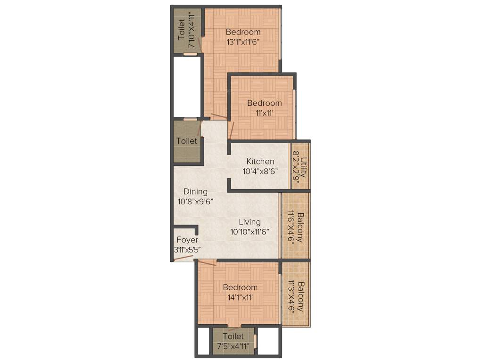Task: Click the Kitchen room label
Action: (x=260, y=162)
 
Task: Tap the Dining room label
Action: (x=195, y=191)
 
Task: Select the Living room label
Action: (x=250, y=222)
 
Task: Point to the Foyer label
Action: (x=187, y=240)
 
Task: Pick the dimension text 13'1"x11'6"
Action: (x=243, y=42)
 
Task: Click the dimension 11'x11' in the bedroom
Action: (x=265, y=113)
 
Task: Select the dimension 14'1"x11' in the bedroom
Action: (x=240, y=297)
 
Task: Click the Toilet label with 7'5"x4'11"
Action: (x=233, y=336)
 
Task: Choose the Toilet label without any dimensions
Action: (x=187, y=141)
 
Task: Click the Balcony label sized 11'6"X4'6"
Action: (x=300, y=226)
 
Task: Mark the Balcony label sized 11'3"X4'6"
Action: (x=300, y=297)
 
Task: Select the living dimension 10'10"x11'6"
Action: (x=250, y=232)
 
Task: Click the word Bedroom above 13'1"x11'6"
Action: (x=243, y=32)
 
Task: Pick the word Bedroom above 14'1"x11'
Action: (x=240, y=287)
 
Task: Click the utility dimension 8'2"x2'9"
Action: (x=296, y=167)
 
